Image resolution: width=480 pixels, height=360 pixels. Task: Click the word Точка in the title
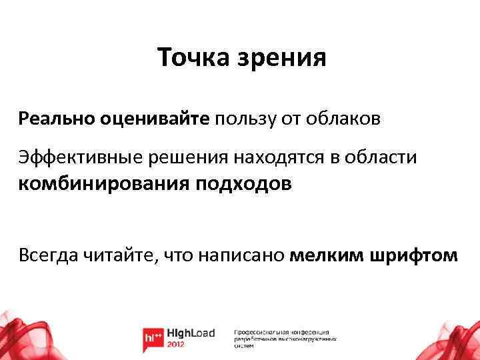pyautogui.click(x=191, y=57)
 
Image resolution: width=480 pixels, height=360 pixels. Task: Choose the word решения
pyautogui.click(x=182, y=158)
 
